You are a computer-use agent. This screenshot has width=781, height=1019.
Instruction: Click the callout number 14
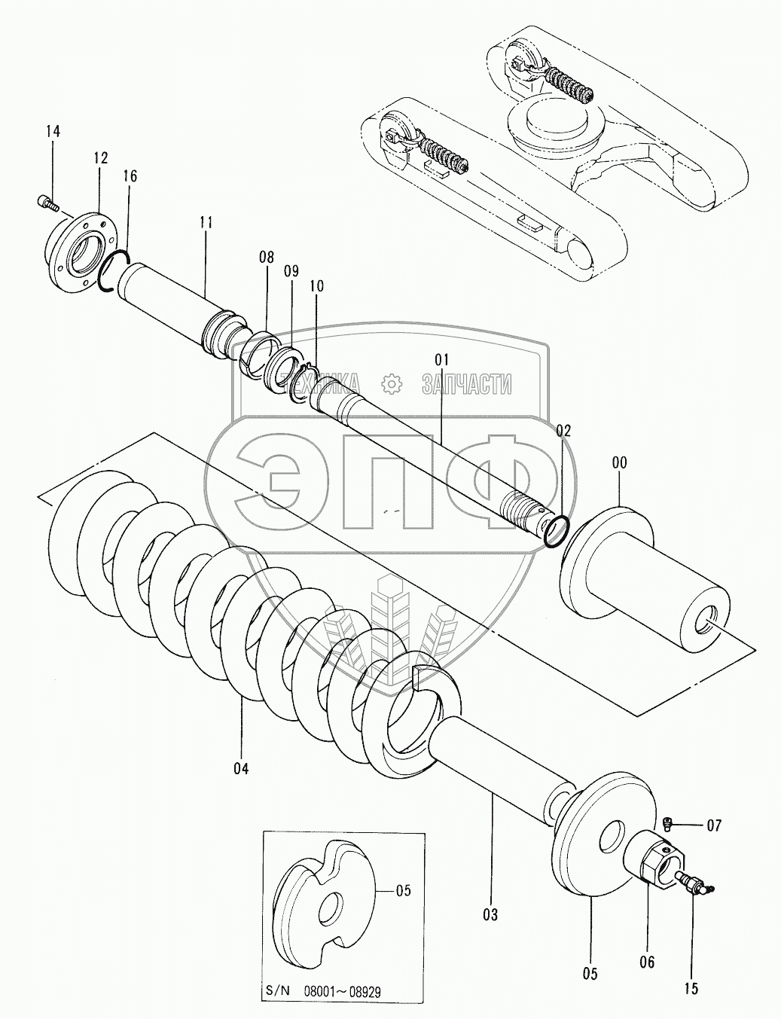tap(52, 131)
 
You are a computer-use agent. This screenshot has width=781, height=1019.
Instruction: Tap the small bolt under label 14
tap(46, 201)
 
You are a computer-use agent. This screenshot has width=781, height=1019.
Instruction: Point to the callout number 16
tap(130, 176)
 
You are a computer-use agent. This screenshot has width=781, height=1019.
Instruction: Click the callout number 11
tap(206, 222)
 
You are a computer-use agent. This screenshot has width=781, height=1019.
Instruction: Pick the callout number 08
tap(266, 258)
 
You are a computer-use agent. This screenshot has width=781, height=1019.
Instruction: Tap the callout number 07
tap(713, 826)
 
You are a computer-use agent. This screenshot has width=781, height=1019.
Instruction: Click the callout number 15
tap(691, 988)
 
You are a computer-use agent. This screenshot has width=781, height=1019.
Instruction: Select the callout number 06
tap(647, 962)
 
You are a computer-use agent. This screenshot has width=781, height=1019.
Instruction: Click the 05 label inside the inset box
tap(403, 890)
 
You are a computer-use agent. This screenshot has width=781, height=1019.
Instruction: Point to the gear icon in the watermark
tap(392, 383)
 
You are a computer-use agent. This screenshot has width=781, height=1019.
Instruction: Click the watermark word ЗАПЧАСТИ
tap(467, 384)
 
